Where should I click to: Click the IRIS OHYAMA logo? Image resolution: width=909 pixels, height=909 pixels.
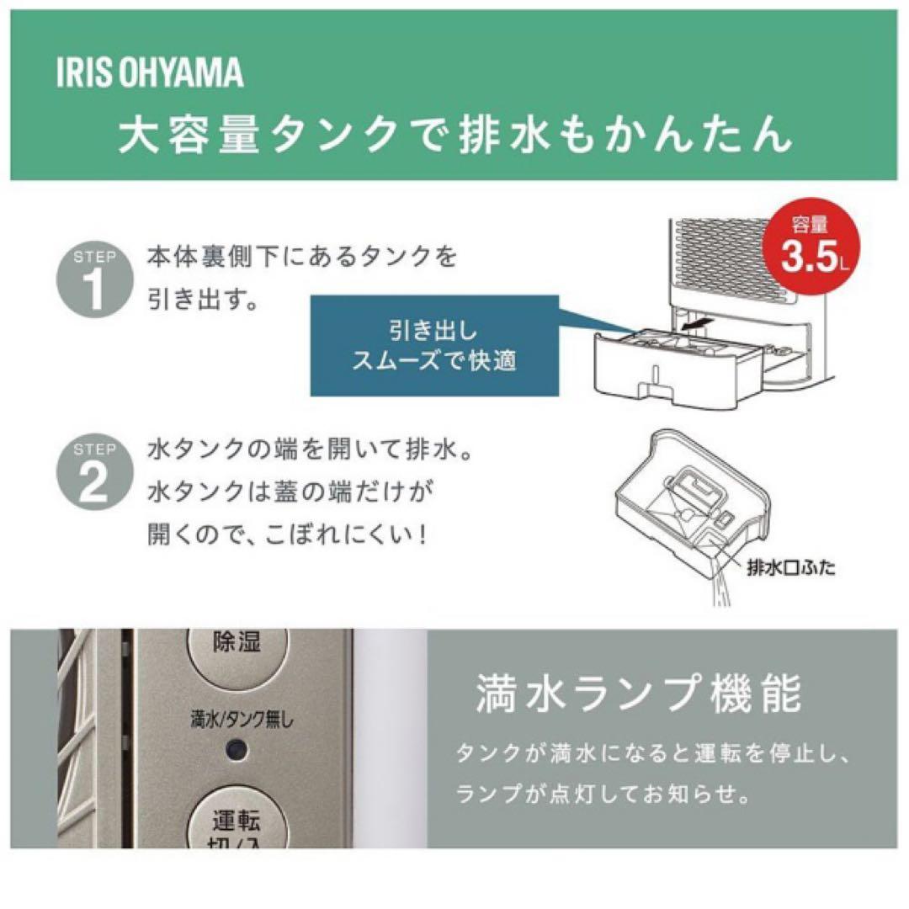(x=150, y=74)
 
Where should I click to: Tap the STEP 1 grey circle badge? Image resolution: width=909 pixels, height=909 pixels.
(x=94, y=277)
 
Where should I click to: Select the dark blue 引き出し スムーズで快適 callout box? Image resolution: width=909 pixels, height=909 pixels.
(x=434, y=345)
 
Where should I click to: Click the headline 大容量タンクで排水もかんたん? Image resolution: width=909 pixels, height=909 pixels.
(x=454, y=135)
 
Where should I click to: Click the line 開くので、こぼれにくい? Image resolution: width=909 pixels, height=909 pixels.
(x=286, y=535)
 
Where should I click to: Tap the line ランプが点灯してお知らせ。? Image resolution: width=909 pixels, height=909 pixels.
(x=603, y=795)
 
